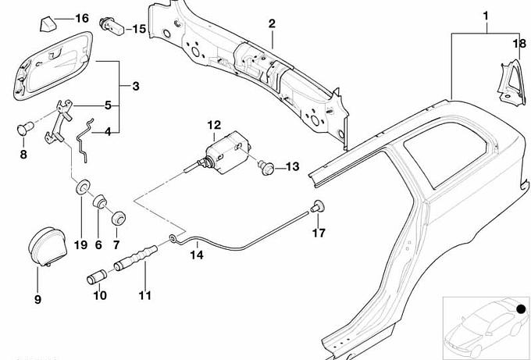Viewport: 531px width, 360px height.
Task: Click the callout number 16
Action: pyautogui.click(x=82, y=18)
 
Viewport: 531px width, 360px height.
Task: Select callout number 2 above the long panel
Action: pyautogui.click(x=272, y=23)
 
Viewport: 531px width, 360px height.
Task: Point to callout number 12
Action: pyautogui.click(x=214, y=125)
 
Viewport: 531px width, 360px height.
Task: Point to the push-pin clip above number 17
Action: pyautogui.click(x=318, y=206)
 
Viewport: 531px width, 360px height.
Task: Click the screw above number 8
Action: pyautogui.click(x=23, y=127)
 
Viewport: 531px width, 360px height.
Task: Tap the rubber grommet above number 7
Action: pyautogui.click(x=119, y=218)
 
